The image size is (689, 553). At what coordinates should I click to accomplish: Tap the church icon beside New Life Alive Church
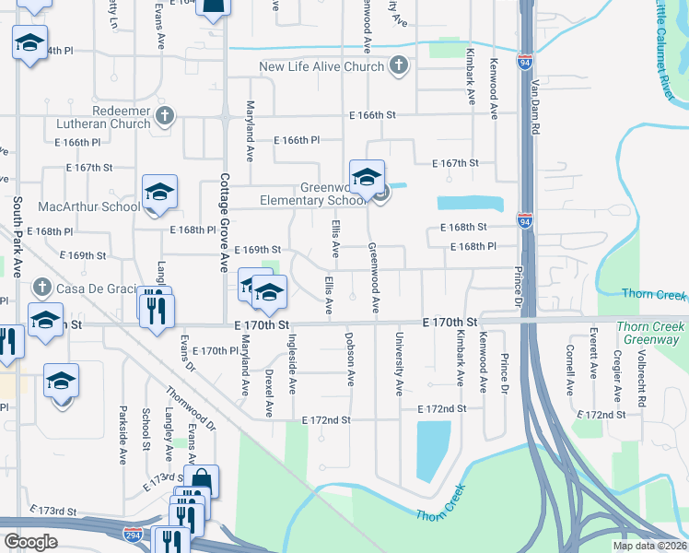[x=399, y=65]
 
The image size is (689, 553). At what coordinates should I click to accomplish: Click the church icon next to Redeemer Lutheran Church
[x=165, y=115]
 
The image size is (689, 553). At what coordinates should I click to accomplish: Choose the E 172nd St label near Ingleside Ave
[x=327, y=419]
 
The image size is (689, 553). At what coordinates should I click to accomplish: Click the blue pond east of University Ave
[x=434, y=450]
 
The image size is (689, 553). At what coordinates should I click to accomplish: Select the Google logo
[x=31, y=542]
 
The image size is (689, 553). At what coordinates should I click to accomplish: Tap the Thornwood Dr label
[x=197, y=409]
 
